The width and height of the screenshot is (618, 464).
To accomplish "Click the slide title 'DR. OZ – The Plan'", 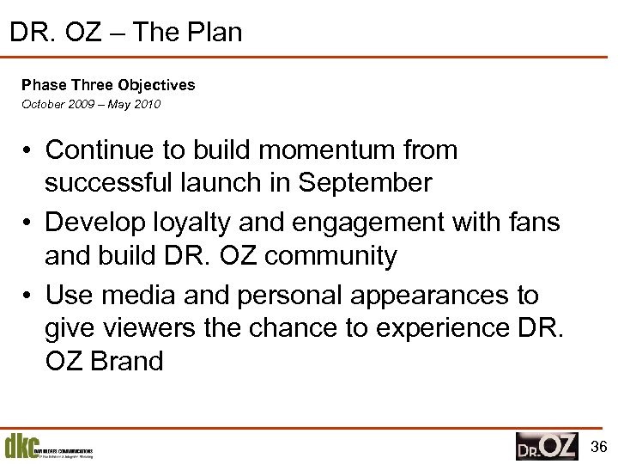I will click(x=126, y=33).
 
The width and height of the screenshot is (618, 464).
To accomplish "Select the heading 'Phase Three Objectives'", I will click(x=108, y=85).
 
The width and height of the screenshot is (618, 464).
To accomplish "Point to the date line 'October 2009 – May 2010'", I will click(x=91, y=105).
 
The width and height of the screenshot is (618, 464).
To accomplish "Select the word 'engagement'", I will click(x=364, y=223).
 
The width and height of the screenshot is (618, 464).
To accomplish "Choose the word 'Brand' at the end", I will click(x=125, y=361).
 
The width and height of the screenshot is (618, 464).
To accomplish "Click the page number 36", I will click(x=599, y=446).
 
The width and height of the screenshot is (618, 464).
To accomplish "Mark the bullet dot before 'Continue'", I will click(x=28, y=151).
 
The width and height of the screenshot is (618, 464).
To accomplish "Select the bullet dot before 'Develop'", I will click(x=28, y=223).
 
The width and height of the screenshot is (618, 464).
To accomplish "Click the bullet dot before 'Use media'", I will click(x=28, y=296).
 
